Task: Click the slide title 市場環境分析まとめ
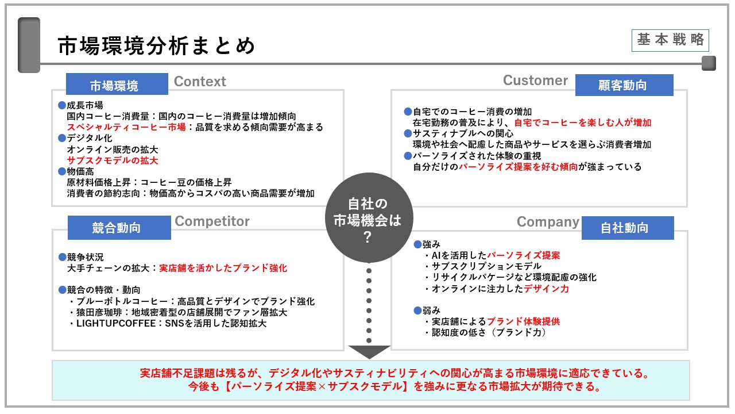pyautogui.click(x=157, y=46)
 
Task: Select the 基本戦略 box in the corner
pyautogui.click(x=670, y=40)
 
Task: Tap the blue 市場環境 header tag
pyautogui.click(x=117, y=86)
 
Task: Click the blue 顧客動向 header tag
pyautogui.click(x=624, y=85)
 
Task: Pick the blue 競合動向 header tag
pyautogui.click(x=119, y=228)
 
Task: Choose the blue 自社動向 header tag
pyautogui.click(x=627, y=228)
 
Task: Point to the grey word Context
pyautogui.click(x=200, y=82)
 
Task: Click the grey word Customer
pyautogui.click(x=535, y=80)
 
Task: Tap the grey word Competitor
pyautogui.click(x=212, y=221)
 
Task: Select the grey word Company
pyautogui.click(x=548, y=222)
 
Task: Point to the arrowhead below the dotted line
pyautogui.click(x=369, y=351)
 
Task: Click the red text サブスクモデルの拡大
pyautogui.click(x=113, y=160)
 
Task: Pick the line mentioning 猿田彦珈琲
pyautogui.click(x=181, y=312)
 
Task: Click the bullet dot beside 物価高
pyautogui.click(x=62, y=171)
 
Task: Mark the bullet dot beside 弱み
pyautogui.click(x=417, y=310)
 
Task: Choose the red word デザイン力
pyautogui.click(x=546, y=289)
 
